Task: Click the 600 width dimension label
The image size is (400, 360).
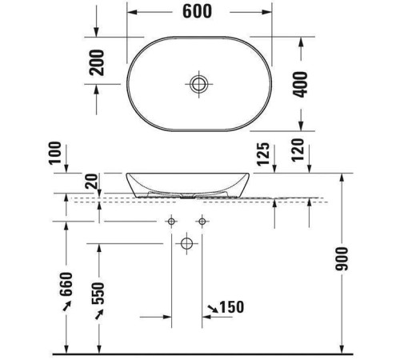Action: [198, 13]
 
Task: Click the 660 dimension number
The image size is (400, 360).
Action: [66, 284]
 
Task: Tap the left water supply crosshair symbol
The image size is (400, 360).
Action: [171, 221]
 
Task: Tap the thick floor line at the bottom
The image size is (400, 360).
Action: [200, 353]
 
